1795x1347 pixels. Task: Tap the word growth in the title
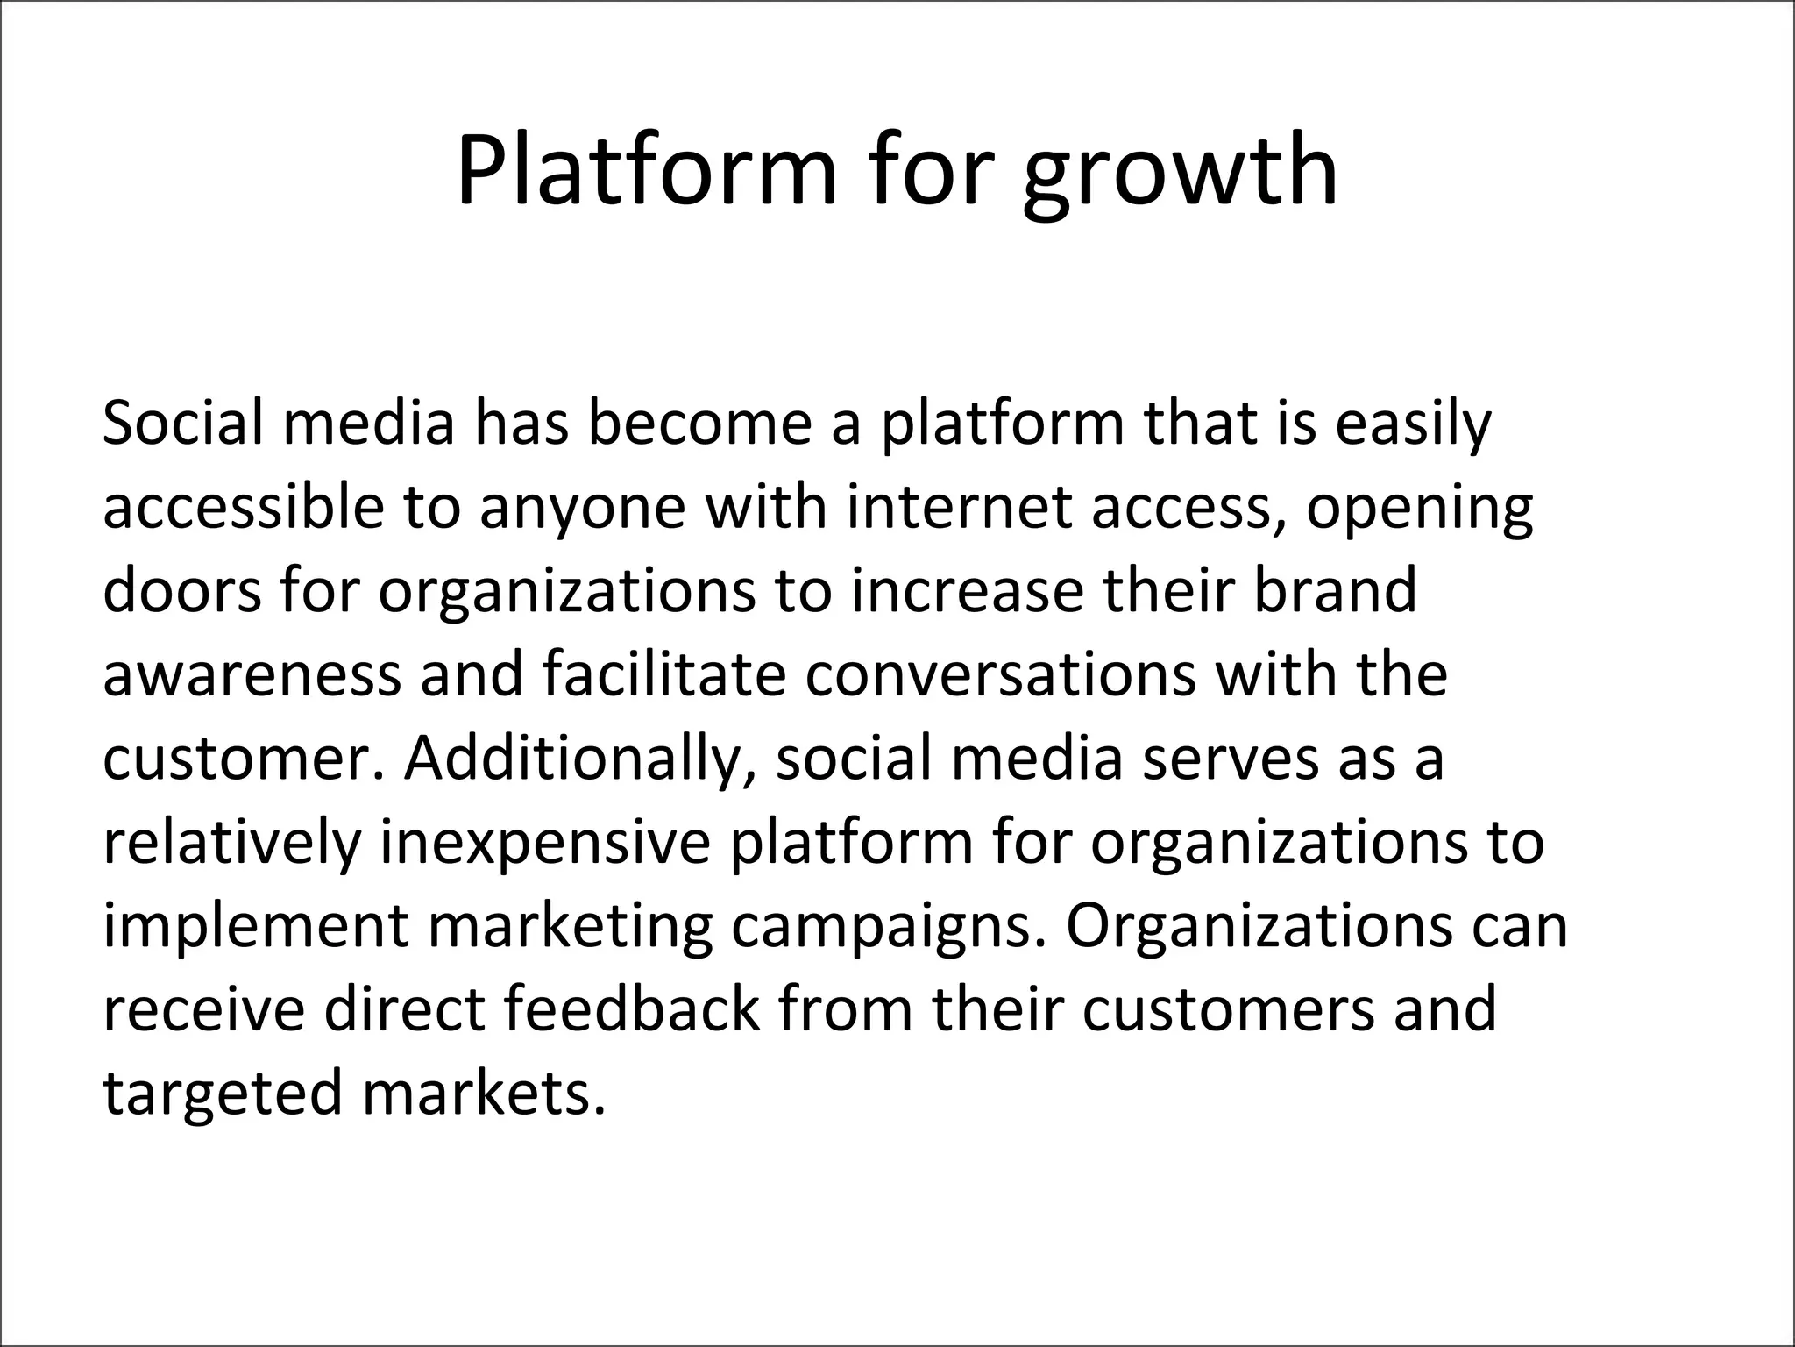click(1180, 175)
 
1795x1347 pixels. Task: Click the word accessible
click(244, 508)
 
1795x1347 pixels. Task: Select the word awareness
click(251, 675)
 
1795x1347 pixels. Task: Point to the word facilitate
click(663, 675)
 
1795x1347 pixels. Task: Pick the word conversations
click(1001, 675)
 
